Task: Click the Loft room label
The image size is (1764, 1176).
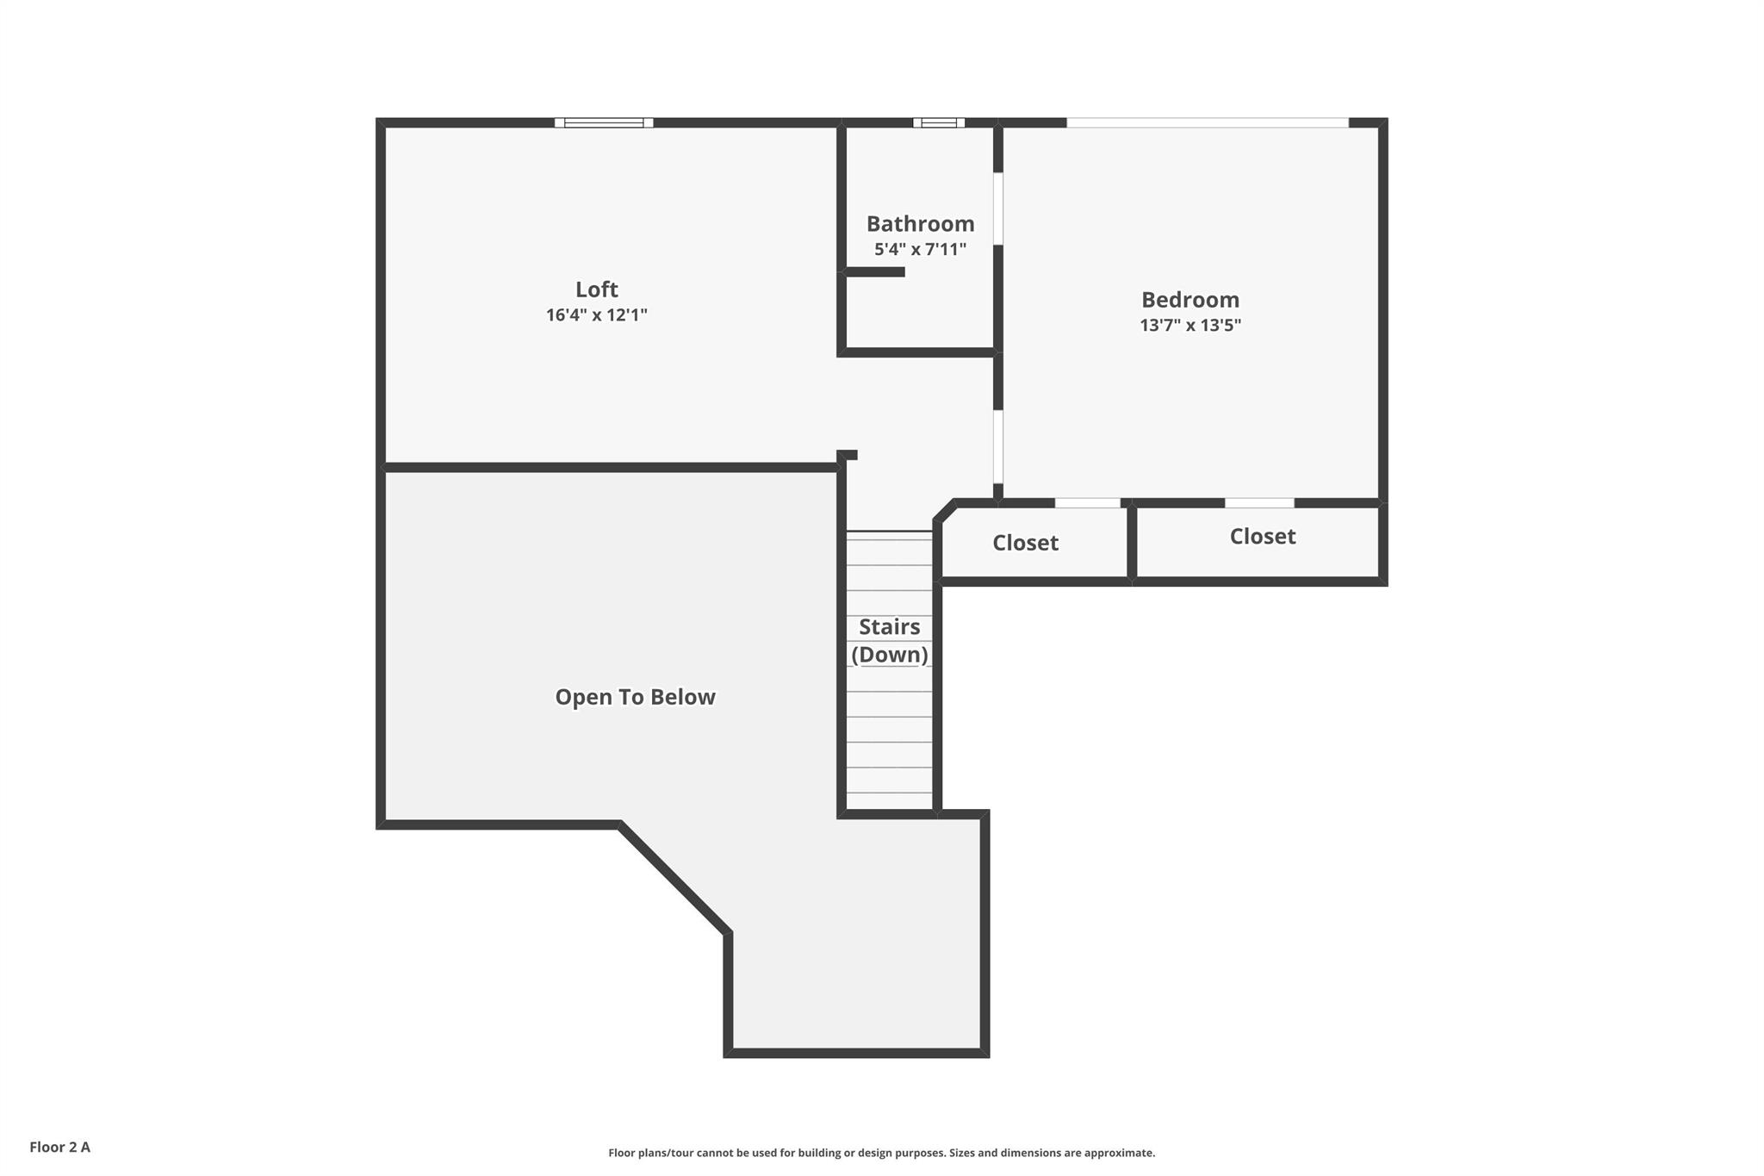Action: point(596,289)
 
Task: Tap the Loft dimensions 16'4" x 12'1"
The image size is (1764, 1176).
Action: point(596,315)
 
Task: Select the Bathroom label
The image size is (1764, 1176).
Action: point(920,224)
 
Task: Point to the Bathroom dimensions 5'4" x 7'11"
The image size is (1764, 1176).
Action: point(920,250)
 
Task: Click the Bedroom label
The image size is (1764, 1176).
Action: point(1190,300)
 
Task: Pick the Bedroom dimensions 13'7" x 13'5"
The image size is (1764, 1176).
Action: point(1190,326)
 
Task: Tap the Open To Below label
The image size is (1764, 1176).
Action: point(635,697)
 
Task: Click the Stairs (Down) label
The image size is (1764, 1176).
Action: point(890,641)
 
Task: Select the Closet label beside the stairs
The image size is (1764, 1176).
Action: point(1025,543)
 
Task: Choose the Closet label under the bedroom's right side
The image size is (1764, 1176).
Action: point(1263,537)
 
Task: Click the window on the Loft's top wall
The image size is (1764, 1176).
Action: point(604,122)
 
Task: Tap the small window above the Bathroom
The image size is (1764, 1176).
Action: point(939,122)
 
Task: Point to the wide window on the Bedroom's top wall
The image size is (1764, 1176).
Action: point(1208,122)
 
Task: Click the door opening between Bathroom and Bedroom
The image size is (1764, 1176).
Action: point(998,208)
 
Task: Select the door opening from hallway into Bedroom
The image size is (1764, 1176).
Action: point(998,446)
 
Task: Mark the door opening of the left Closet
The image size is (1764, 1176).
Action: point(1088,503)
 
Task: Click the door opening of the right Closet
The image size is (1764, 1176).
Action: point(1259,503)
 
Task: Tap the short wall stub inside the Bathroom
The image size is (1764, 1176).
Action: point(873,272)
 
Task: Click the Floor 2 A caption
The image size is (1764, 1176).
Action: point(59,1148)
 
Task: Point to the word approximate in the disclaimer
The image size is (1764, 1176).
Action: point(1118,1154)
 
